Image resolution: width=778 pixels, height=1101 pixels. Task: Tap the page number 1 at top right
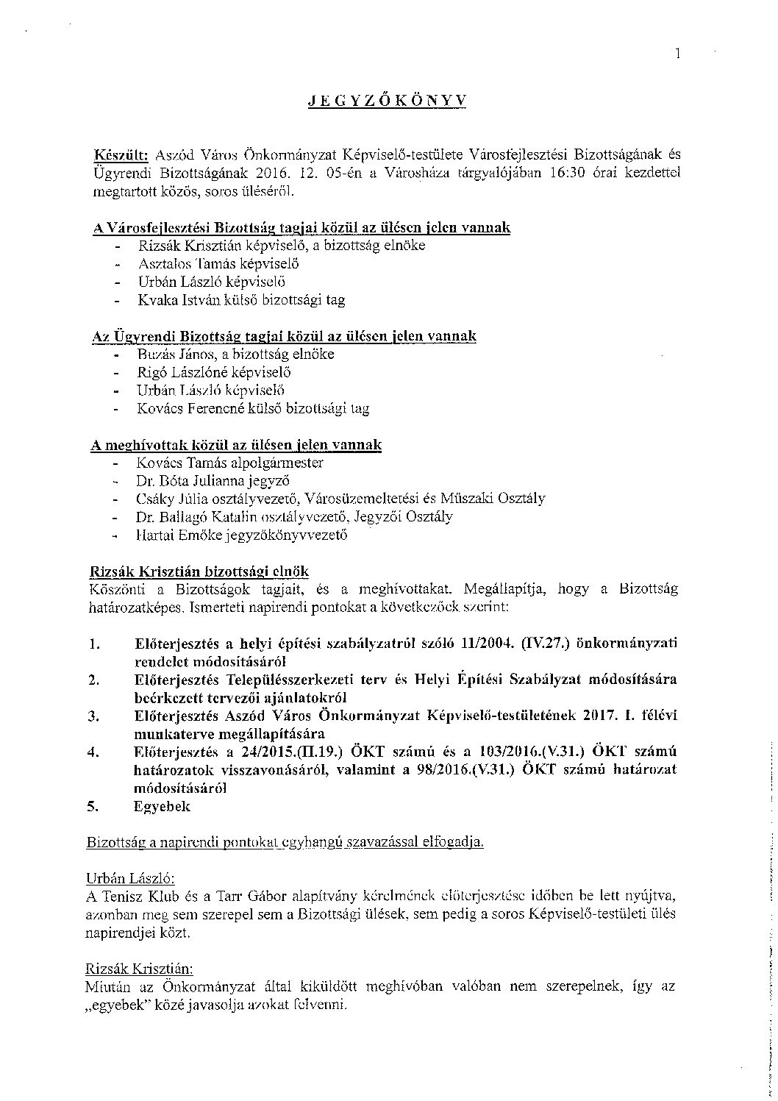678,52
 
